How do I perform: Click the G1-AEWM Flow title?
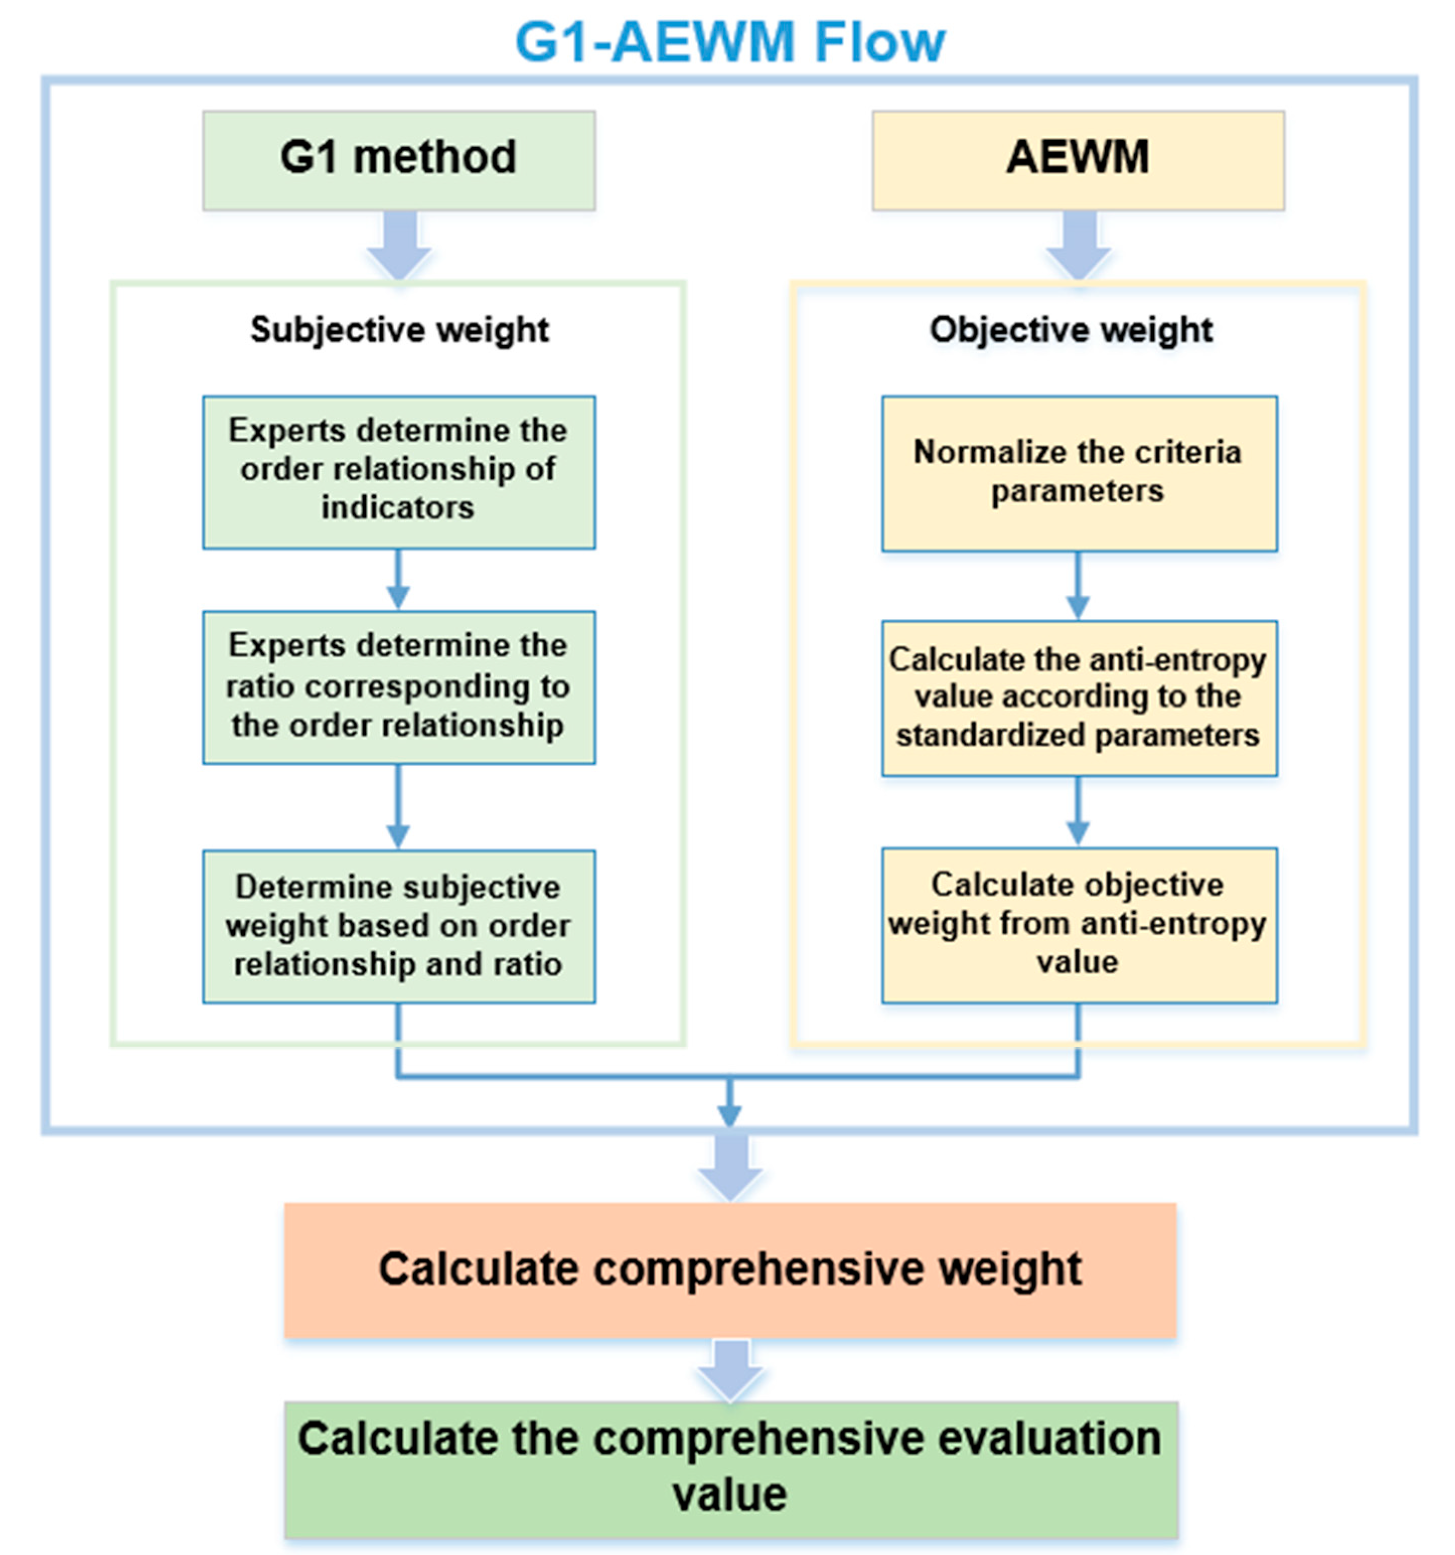click(729, 42)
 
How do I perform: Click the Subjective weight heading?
click(399, 329)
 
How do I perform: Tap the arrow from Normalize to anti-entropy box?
click(1078, 586)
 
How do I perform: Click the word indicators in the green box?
click(398, 508)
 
